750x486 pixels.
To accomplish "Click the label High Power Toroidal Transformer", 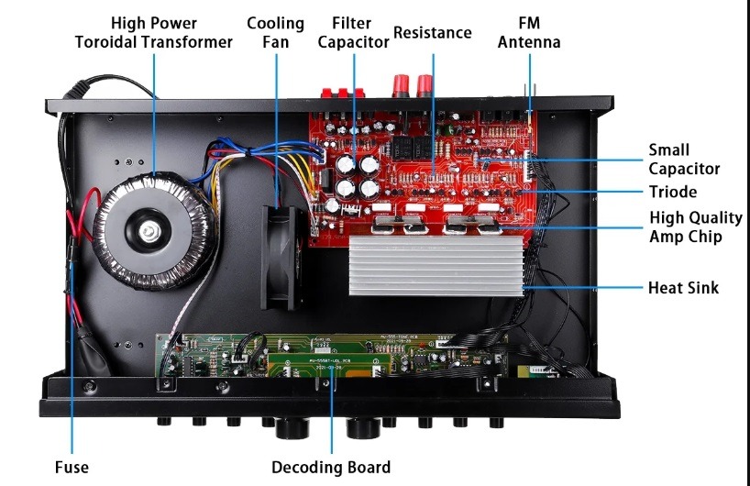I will pyautogui.click(x=153, y=31).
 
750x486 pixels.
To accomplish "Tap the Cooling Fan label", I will pyautogui.click(x=275, y=31).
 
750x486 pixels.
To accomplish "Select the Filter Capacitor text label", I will pyautogui.click(x=353, y=31).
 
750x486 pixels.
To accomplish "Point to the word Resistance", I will pyautogui.click(x=432, y=33).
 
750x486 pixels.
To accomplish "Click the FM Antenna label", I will pyautogui.click(x=528, y=31).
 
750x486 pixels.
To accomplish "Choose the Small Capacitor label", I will pyautogui.click(x=683, y=159).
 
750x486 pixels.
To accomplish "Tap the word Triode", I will pyautogui.click(x=672, y=192).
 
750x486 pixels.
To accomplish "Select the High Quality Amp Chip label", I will pyautogui.click(x=695, y=226).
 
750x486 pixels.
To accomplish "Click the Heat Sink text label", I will pyautogui.click(x=683, y=288).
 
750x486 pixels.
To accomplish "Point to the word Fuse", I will pyautogui.click(x=72, y=467).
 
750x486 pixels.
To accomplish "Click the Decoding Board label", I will pyautogui.click(x=331, y=467).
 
